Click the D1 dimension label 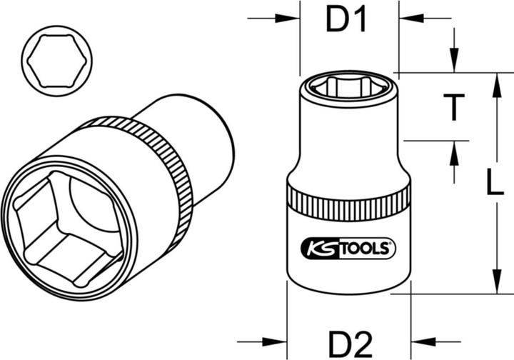click(347, 21)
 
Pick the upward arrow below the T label click(453, 154)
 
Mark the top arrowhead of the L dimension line click(495, 83)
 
